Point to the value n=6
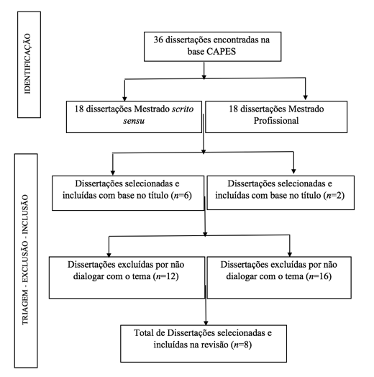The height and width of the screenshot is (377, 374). (x=180, y=196)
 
